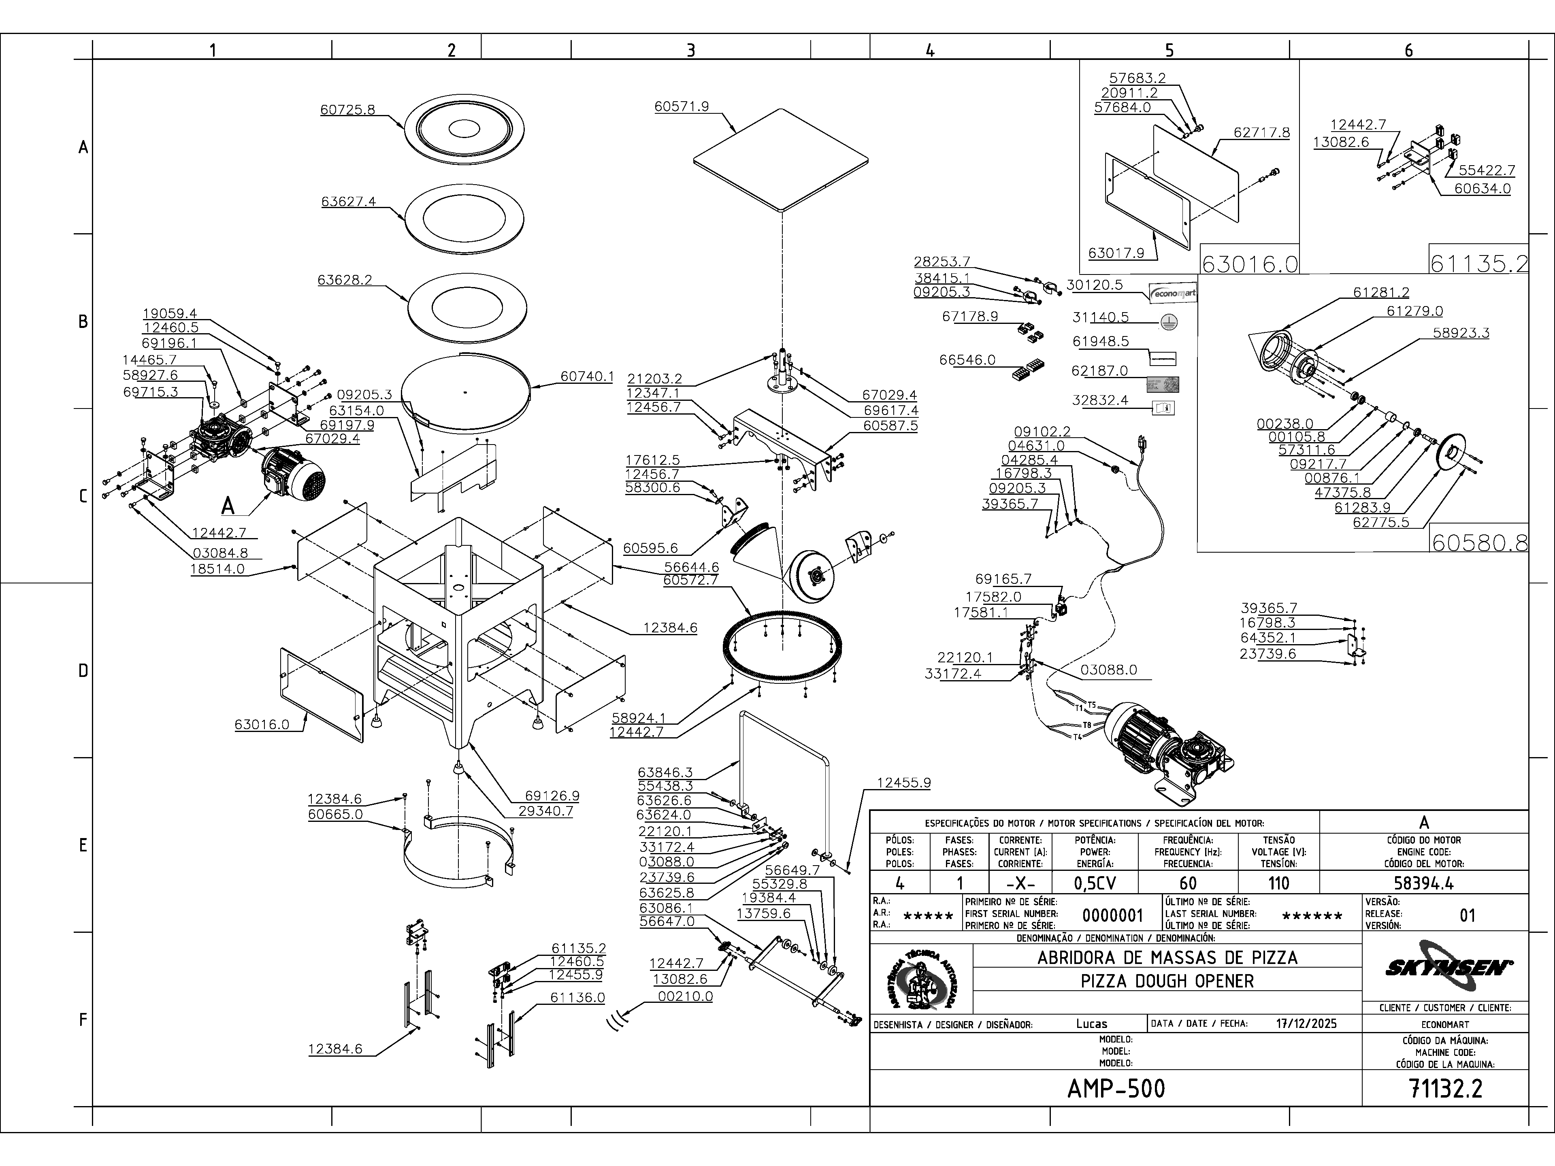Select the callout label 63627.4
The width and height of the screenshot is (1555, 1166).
coord(349,202)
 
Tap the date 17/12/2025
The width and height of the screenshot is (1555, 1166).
coord(1306,1023)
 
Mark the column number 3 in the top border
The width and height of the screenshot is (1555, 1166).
coord(690,50)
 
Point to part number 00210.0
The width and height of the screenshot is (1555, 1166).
coord(685,997)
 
